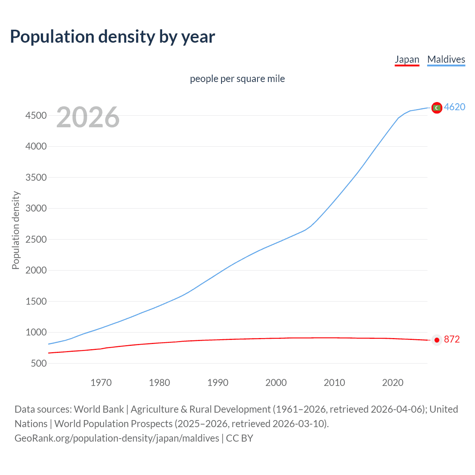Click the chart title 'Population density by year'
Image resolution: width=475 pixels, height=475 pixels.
(112, 37)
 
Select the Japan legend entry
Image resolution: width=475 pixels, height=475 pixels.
(407, 59)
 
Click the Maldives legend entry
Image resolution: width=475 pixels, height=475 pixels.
(446, 59)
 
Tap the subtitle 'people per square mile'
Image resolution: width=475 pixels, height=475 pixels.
(237, 79)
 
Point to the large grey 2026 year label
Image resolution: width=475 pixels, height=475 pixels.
(88, 117)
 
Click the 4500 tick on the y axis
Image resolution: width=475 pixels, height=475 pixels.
(36, 116)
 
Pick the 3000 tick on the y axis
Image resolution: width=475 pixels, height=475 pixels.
(36, 209)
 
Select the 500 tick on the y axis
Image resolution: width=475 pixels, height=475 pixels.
(39, 363)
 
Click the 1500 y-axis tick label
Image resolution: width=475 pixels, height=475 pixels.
(36, 301)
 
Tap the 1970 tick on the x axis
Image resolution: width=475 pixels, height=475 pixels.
(101, 383)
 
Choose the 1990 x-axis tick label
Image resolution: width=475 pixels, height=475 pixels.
(218, 383)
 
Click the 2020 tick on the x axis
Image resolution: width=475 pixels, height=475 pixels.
(393, 383)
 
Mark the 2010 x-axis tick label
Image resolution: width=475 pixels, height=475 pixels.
(334, 383)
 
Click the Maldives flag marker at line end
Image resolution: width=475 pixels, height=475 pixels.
(437, 108)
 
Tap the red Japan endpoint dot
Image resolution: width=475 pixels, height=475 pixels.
(437, 340)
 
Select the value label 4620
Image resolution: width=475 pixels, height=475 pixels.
(455, 107)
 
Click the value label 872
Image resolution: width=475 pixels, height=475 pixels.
(452, 340)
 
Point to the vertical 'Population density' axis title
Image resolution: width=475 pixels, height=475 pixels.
(16, 230)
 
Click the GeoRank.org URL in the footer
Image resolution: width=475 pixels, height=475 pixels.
(117, 438)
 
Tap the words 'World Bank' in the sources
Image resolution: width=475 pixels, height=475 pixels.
(99, 409)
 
